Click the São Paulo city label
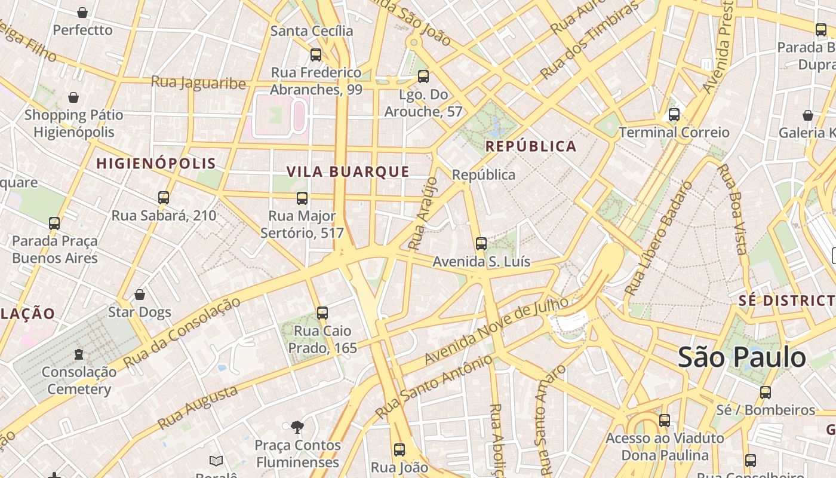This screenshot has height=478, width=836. pyautogui.click(x=742, y=357)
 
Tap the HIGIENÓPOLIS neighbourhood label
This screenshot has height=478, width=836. pyautogui.click(x=156, y=163)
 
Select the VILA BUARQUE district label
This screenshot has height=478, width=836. pyautogui.click(x=348, y=171)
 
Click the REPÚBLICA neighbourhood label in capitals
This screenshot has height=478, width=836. pyautogui.click(x=531, y=146)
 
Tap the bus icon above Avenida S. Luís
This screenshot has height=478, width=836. pyautogui.click(x=481, y=244)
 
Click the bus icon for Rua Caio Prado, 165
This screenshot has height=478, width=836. pyautogui.click(x=322, y=312)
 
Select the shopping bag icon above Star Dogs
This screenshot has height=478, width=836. pyautogui.click(x=140, y=295)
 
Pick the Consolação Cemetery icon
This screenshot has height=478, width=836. pyautogui.click(x=79, y=354)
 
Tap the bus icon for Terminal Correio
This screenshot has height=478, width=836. pyautogui.click(x=674, y=115)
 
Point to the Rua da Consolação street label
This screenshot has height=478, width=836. pyautogui.click(x=182, y=332)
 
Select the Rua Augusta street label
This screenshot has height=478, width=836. pyautogui.click(x=197, y=408)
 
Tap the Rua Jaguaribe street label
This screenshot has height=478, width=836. pyautogui.click(x=198, y=82)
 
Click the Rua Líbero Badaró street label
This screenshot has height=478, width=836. pyautogui.click(x=659, y=238)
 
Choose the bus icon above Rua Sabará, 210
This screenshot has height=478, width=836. pyautogui.click(x=164, y=198)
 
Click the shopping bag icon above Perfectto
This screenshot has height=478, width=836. pyautogui.click(x=82, y=13)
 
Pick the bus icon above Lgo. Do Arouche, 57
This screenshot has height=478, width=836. pyautogui.click(x=423, y=76)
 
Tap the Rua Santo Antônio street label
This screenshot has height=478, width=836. pyautogui.click(x=434, y=387)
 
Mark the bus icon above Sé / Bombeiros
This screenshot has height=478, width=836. pyautogui.click(x=766, y=393)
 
